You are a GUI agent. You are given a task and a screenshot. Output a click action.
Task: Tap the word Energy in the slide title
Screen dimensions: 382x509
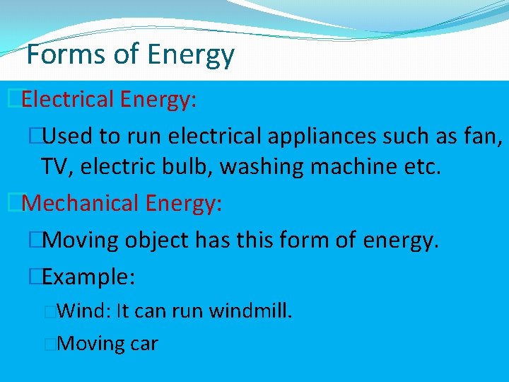pos(192,54)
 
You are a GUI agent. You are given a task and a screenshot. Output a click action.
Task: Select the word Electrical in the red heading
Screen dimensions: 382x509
pos(68,100)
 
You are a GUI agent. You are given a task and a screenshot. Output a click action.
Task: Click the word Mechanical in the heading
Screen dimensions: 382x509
pos(81,204)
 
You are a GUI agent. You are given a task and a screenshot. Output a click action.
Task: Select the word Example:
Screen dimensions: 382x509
pos(88,277)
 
